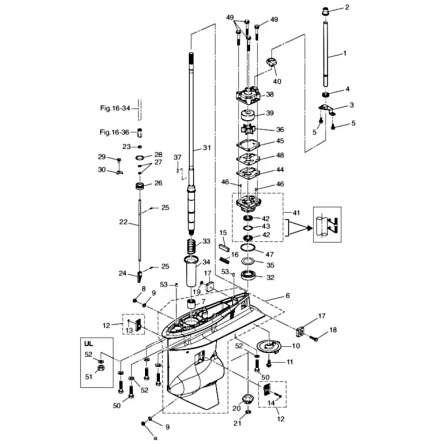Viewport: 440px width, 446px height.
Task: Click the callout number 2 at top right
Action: (347, 8)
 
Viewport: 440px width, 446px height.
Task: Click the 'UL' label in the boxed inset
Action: (89, 343)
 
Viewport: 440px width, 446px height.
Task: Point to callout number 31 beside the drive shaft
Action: (207, 148)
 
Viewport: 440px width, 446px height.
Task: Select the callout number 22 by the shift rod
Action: (123, 222)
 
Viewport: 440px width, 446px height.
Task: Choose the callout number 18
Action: (334, 329)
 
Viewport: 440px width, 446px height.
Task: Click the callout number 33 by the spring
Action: (207, 242)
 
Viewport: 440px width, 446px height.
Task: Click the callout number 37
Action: (177, 157)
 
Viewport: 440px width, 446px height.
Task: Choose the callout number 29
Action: (102, 156)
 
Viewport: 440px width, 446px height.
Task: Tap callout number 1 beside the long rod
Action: (344, 52)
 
